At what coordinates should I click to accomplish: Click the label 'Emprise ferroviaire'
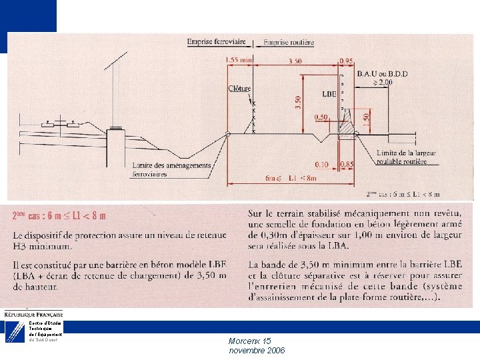click(217, 41)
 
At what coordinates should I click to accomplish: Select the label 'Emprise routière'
click(289, 42)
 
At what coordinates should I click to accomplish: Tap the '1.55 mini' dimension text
click(239, 60)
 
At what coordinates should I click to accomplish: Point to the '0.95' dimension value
click(347, 61)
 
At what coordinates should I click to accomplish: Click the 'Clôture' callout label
click(239, 89)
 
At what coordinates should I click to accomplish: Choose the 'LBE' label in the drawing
click(329, 94)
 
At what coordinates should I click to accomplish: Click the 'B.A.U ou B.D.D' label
click(382, 73)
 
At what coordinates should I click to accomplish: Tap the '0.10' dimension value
click(322, 164)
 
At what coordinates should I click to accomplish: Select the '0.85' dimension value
click(347, 164)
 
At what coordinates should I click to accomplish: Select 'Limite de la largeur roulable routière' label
click(406, 157)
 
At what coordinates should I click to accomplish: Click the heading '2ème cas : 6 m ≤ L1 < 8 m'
click(60, 216)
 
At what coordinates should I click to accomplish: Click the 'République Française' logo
click(33, 313)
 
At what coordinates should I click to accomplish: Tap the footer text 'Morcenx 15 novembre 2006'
click(257, 345)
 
